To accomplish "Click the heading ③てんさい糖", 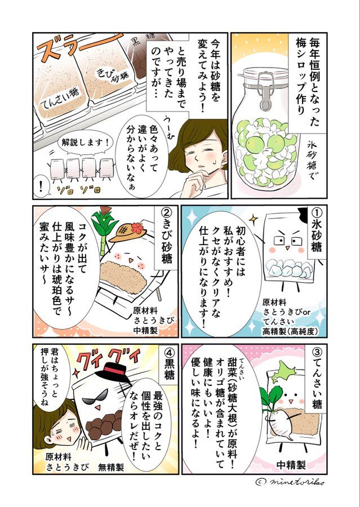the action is tap(315, 379).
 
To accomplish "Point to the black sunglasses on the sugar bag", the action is tap(95, 396).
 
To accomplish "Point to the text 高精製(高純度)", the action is tap(290, 331).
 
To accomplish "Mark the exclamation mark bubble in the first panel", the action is tap(41, 188).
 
